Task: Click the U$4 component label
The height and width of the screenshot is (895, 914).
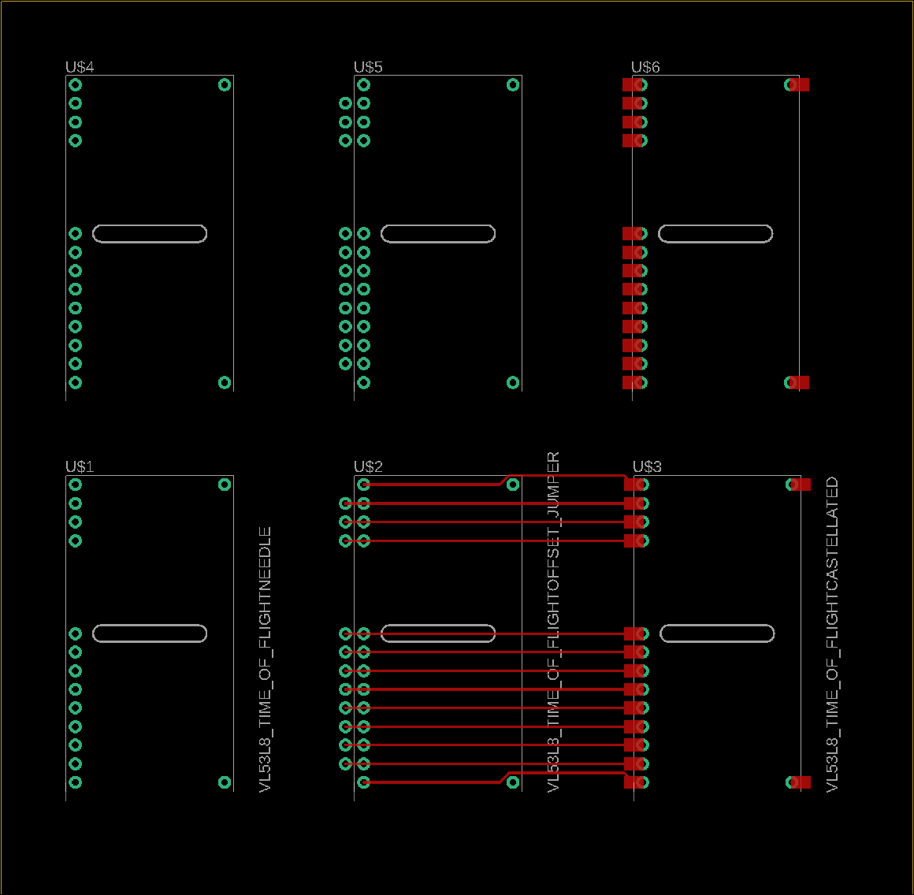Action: pos(80,67)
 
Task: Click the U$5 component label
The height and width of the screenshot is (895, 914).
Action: pos(369,67)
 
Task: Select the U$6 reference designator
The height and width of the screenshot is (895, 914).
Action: pos(646,67)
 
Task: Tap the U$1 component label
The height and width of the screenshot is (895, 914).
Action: pos(80,466)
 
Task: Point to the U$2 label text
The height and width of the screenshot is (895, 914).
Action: pos(369,466)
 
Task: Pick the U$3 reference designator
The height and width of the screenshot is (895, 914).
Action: pos(647,466)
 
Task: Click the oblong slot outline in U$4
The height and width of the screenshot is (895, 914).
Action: pos(150,225)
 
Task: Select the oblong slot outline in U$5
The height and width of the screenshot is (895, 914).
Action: pos(438,225)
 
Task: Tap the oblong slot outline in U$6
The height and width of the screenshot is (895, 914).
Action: pos(715,225)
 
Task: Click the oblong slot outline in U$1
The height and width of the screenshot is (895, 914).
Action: pos(150,625)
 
